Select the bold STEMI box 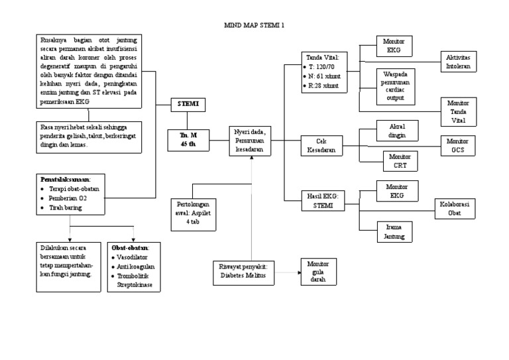coord(188,104)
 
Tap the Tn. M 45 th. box coord(188,140)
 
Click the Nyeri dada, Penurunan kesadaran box coord(249,141)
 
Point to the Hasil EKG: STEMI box coord(322,200)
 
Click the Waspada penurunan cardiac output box coord(395,86)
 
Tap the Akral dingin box coord(397,131)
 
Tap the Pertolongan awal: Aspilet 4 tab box coord(197,214)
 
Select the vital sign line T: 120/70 coord(322,68)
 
